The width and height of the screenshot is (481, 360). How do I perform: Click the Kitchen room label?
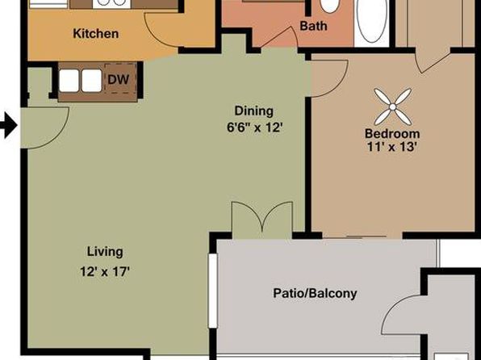click(96, 33)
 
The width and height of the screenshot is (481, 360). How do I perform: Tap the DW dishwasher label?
click(118, 80)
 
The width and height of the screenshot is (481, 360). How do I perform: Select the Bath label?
click(313, 26)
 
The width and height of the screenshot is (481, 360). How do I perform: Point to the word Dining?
click(253, 111)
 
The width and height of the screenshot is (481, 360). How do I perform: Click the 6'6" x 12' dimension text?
click(254, 127)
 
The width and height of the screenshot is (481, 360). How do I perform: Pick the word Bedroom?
click(392, 134)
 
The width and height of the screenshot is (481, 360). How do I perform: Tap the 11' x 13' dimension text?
click(391, 148)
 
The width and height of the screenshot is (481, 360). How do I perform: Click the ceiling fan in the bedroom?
click(393, 107)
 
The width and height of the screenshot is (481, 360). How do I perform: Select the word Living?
click(105, 252)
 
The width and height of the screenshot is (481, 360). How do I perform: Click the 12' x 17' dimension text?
click(105, 271)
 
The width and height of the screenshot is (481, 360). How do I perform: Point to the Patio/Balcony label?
click(315, 293)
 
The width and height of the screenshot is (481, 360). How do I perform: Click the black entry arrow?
click(9, 126)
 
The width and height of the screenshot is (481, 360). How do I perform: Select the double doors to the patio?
click(262, 220)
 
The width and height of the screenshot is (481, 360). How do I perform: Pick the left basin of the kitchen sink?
click(69, 81)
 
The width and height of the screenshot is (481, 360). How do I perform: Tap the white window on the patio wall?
click(213, 291)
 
